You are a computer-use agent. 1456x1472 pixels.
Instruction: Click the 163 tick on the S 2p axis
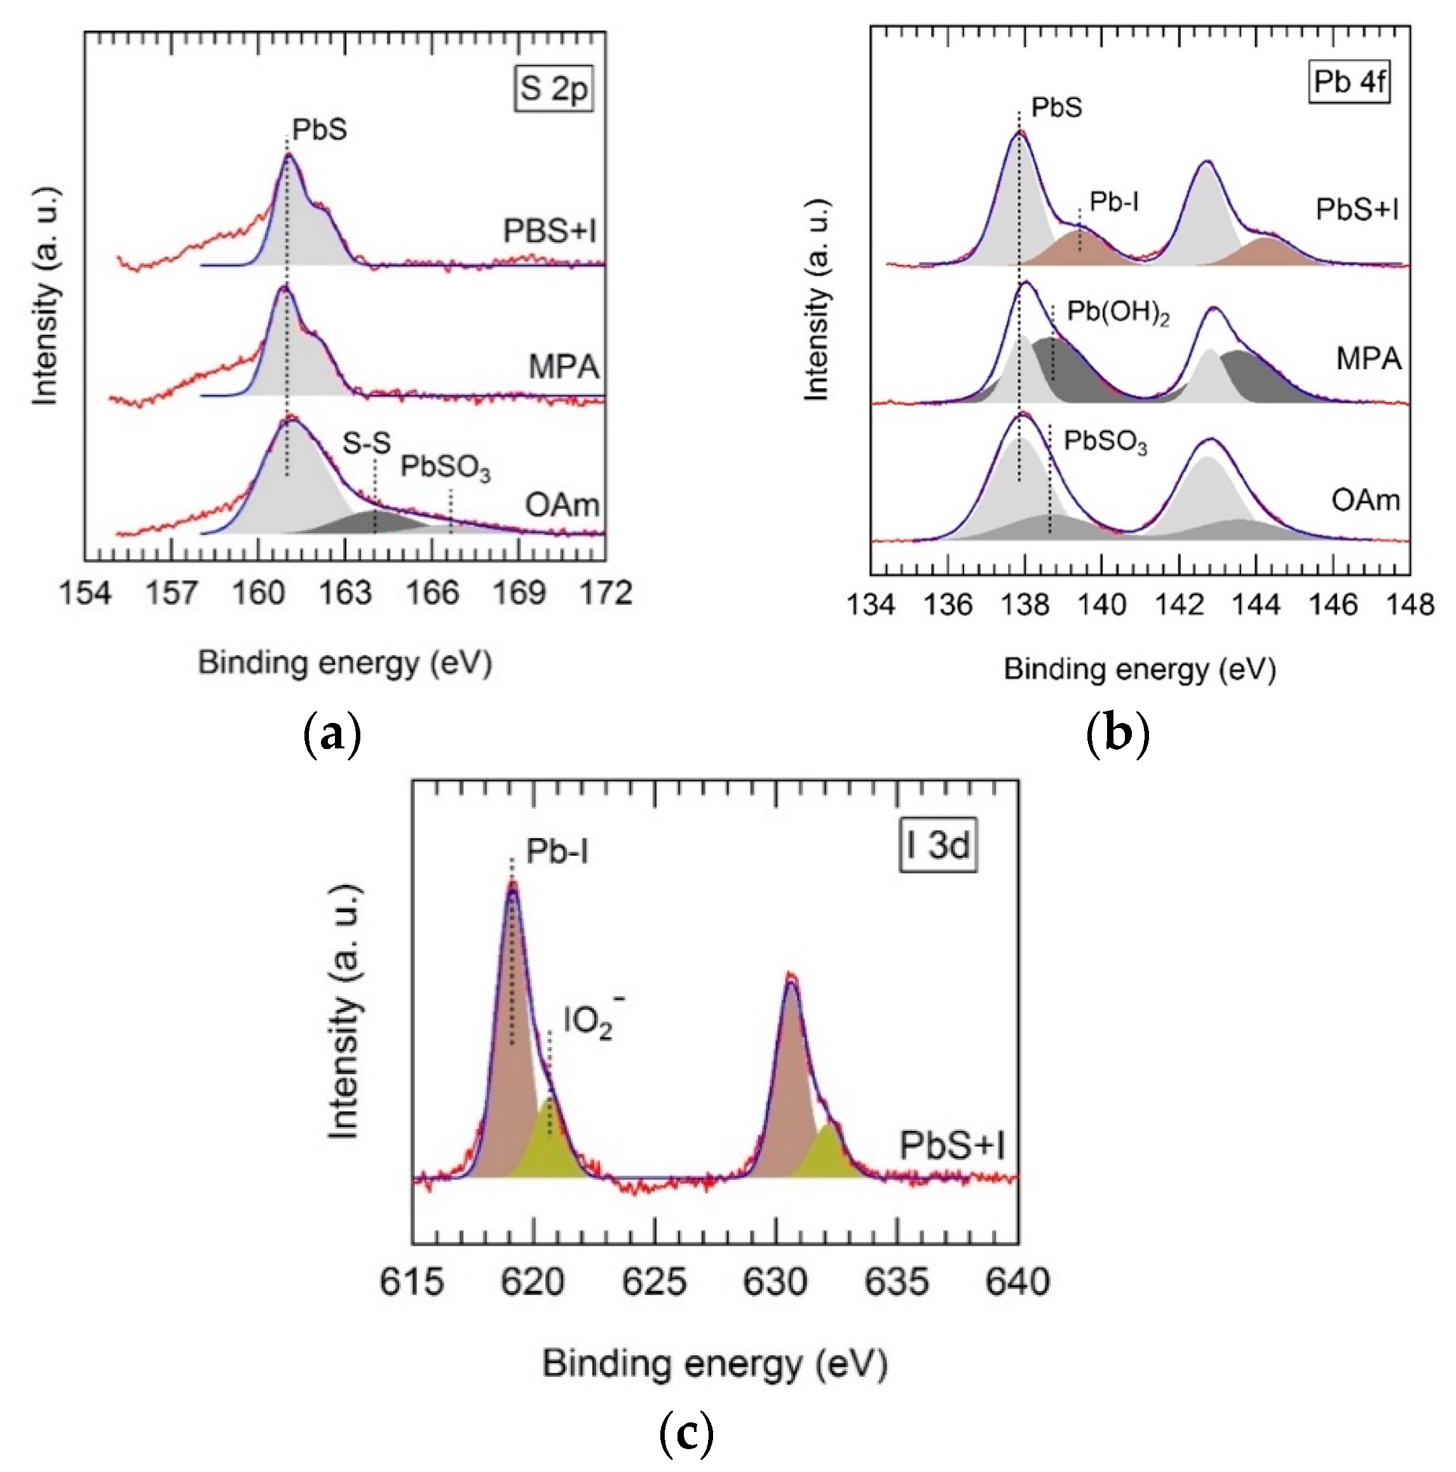[x=345, y=592]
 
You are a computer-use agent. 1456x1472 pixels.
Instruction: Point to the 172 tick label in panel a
[x=605, y=592]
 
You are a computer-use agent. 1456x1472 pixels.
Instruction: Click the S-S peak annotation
[x=366, y=443]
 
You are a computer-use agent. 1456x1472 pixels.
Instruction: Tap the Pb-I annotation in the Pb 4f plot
[x=1113, y=202]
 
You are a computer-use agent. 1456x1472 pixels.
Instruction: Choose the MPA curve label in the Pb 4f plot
[x=1368, y=358]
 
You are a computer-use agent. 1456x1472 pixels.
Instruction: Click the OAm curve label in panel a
[x=562, y=504]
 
